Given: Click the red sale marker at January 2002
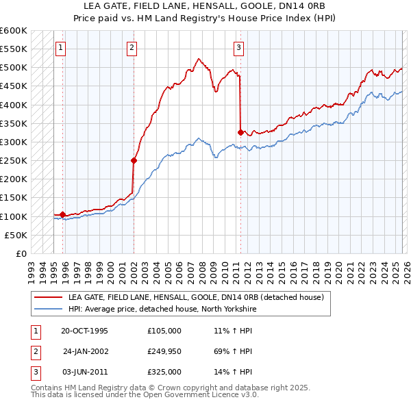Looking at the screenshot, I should coord(134,161).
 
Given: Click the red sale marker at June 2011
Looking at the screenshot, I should coord(240,133).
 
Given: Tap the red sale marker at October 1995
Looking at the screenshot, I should coord(63,214).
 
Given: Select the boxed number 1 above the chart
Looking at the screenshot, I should coord(62,48).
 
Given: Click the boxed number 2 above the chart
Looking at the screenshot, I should coord(132,48).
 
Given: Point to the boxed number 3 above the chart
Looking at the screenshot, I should coord(238,48).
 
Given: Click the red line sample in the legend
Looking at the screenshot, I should coord(48,297).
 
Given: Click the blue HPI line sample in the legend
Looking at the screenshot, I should coord(48,309).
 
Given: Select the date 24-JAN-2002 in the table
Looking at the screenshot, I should coord(85,351).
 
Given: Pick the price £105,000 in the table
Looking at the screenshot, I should coord(164,331).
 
